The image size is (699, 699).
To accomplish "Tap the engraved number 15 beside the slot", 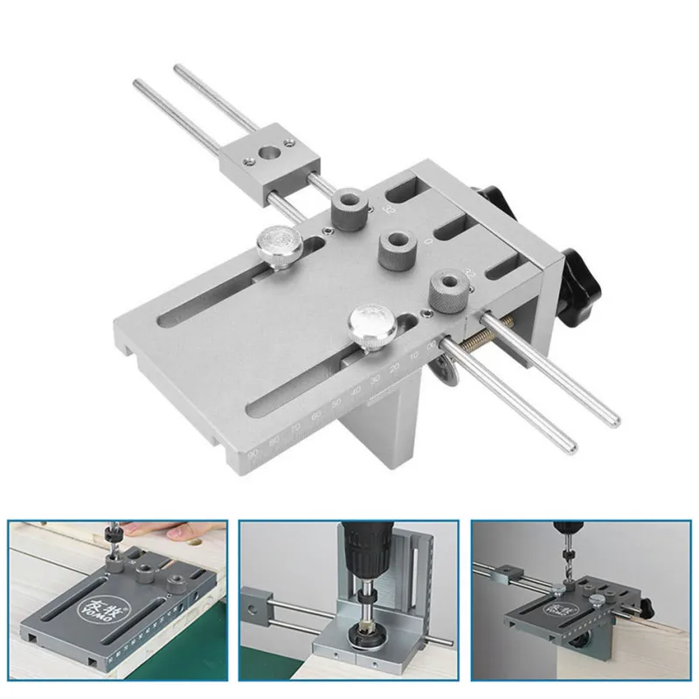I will coord(387,209).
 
